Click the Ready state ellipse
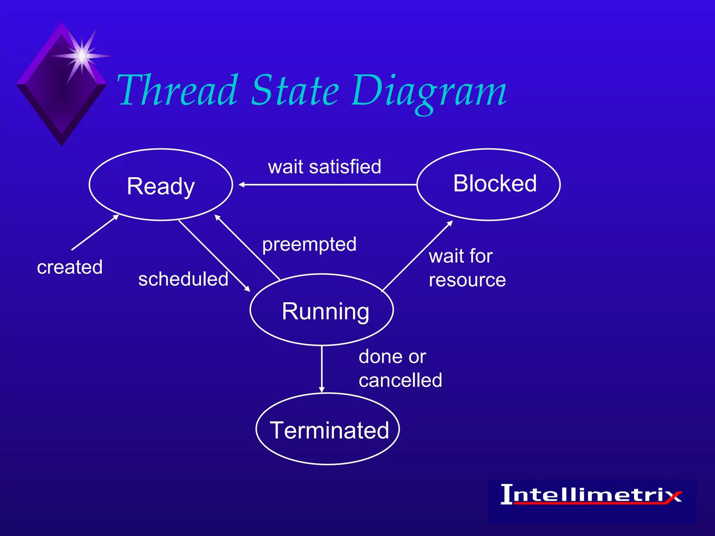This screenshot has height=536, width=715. pyautogui.click(x=161, y=185)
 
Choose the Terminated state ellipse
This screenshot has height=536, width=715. pyautogui.click(x=328, y=429)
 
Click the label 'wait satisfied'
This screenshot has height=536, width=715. pyautogui.click(x=324, y=167)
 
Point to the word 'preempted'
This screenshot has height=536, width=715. pyautogui.click(x=309, y=244)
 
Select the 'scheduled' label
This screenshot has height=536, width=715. pyautogui.click(x=183, y=279)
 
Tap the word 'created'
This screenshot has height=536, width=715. pyautogui.click(x=70, y=267)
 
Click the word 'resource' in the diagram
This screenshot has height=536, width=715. pyautogui.click(x=467, y=280)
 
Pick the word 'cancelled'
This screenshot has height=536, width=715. pyautogui.click(x=400, y=380)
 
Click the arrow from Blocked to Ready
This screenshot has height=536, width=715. pyautogui.click(x=328, y=184)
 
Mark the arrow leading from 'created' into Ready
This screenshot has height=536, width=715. pyautogui.click(x=95, y=232)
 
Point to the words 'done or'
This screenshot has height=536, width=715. pyautogui.click(x=392, y=357)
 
